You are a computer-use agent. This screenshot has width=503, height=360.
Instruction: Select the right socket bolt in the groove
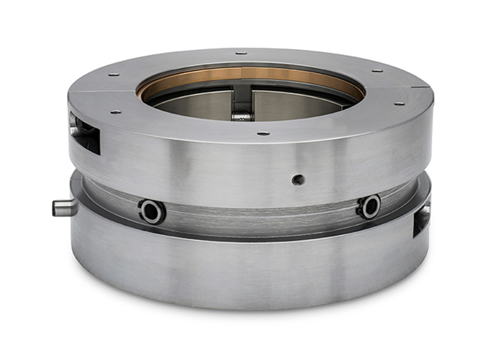(370, 206)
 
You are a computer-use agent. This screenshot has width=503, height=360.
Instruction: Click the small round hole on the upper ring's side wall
(298, 179)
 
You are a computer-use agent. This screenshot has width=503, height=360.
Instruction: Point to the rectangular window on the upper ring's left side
(85, 132)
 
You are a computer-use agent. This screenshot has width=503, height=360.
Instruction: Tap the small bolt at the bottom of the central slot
(242, 116)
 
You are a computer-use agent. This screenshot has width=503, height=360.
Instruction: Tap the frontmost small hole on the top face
(263, 133)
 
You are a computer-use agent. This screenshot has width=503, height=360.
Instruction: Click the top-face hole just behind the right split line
(377, 70)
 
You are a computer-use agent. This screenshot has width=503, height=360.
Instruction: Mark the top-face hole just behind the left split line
(114, 75)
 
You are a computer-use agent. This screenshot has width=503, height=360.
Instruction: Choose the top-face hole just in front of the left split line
(115, 112)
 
